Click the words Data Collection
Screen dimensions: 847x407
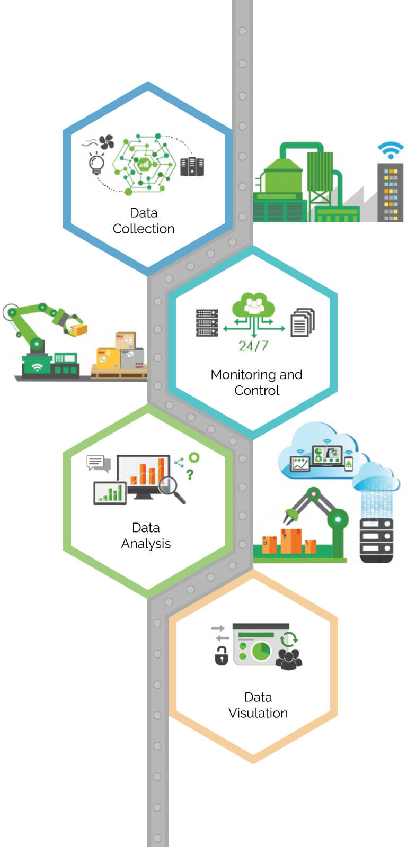(144, 221)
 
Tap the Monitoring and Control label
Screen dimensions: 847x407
(256, 382)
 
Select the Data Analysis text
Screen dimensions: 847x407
(146, 536)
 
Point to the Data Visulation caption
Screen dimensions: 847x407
(258, 705)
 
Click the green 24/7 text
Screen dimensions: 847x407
(253, 346)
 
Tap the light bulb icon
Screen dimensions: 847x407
(96, 163)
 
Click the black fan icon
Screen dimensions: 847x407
(107, 142)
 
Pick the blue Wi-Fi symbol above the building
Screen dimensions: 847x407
(391, 150)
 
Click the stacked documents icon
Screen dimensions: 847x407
(303, 322)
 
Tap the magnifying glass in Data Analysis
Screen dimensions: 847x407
(172, 489)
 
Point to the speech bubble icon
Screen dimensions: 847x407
(98, 463)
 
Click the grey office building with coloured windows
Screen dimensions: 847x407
(390, 193)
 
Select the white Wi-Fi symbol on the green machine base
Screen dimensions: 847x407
(37, 366)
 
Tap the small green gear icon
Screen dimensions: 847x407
(194, 458)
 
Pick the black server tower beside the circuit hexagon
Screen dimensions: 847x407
(192, 167)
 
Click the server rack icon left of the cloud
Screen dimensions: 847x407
(207, 322)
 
